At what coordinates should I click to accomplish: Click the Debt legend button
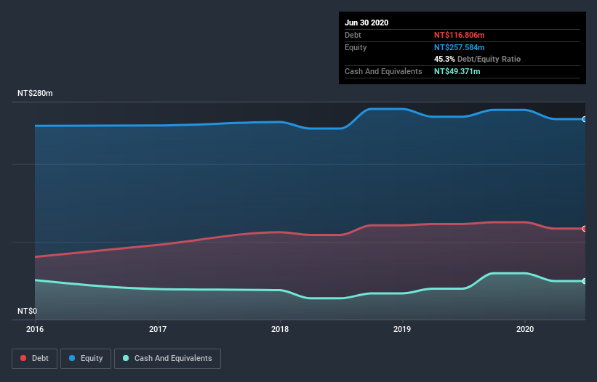(33, 358)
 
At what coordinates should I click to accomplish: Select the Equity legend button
(85, 358)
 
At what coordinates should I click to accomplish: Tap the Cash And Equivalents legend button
(167, 358)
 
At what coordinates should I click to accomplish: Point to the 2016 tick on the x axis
(35, 329)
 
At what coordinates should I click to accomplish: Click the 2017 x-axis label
(158, 329)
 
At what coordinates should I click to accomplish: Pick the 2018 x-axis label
(280, 329)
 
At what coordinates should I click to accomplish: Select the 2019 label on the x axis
(402, 329)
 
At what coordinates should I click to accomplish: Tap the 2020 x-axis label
(525, 329)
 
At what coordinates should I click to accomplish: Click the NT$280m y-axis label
(36, 94)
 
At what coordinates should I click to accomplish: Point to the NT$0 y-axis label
(27, 311)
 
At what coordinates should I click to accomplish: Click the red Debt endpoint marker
(585, 229)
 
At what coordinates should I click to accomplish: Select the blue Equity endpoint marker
(585, 119)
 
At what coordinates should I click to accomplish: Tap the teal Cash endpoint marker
(585, 281)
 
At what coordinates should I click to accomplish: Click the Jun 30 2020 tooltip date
(366, 23)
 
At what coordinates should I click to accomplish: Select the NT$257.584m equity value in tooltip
(459, 47)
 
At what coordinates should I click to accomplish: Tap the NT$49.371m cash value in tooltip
(457, 71)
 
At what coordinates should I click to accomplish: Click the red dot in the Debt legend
(24, 358)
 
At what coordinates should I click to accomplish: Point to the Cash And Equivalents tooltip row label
(383, 71)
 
